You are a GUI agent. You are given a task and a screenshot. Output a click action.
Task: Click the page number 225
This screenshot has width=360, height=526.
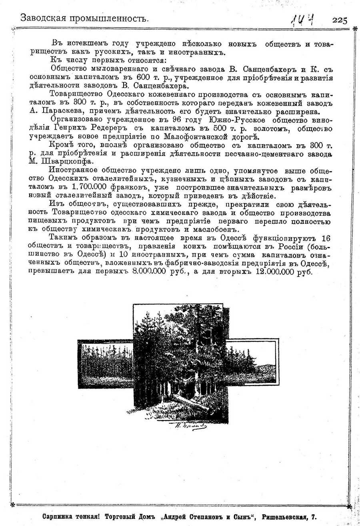click(x=339, y=20)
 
